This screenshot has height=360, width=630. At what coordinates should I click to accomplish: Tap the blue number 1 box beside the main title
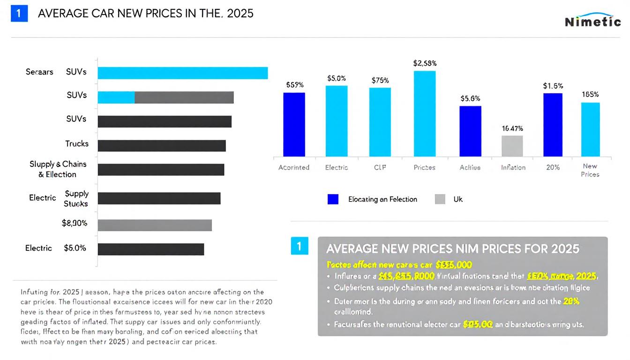point(19,14)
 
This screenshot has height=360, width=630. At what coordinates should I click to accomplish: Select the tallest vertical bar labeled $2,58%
point(424,113)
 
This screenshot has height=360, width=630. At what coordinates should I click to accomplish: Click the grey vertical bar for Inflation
point(512,146)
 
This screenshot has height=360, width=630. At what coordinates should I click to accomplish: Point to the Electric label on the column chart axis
point(337,167)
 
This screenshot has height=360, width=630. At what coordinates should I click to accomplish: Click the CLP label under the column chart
point(380,167)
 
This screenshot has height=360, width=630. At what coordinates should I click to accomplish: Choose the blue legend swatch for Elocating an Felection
point(333,199)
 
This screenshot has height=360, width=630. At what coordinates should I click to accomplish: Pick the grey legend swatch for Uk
point(440,199)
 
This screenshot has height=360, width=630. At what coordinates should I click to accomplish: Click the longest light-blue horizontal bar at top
point(183,73)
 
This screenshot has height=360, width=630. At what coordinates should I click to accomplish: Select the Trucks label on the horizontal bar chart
point(77,144)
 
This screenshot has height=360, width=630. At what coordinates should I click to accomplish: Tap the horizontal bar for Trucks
point(162,146)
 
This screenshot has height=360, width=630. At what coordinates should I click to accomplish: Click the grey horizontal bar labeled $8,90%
point(155,225)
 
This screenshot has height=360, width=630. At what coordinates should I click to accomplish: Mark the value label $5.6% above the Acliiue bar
point(470,99)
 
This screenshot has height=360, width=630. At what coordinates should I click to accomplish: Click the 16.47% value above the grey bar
point(512,128)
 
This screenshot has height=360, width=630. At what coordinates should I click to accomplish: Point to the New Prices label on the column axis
point(590,170)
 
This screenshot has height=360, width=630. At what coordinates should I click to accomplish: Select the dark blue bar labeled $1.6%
point(553,125)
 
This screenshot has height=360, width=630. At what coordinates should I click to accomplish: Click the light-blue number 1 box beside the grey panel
point(299,246)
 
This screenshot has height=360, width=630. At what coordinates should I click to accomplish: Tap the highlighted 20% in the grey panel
point(571,301)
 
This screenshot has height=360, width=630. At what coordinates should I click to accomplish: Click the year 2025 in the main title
point(240,14)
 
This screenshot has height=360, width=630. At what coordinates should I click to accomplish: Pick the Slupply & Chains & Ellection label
point(58,169)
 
